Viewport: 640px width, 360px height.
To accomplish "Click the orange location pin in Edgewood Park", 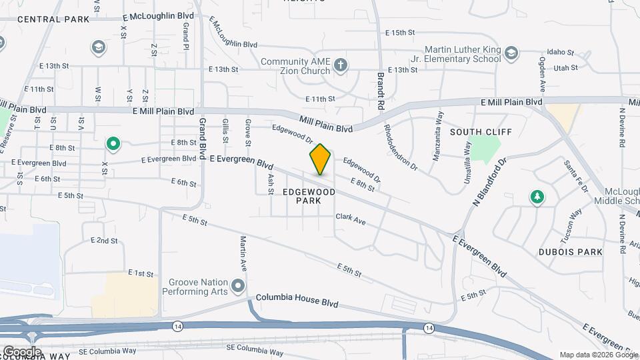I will (x=320, y=159).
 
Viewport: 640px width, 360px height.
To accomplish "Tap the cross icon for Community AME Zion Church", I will (x=341, y=65).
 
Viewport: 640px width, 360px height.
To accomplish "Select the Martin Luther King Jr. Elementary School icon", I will (x=511, y=53).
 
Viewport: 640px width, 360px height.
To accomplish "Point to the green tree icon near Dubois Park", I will (x=537, y=197).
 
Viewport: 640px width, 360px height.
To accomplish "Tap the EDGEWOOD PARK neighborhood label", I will (x=308, y=195).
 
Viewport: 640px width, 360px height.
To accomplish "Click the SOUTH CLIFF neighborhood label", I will (x=475, y=132).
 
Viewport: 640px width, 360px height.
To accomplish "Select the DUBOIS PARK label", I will (x=571, y=252).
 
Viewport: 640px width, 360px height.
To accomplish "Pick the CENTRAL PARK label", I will (x=53, y=19).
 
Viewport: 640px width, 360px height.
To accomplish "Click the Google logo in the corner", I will (x=22, y=351).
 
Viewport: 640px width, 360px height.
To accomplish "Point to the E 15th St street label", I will (x=400, y=32).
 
